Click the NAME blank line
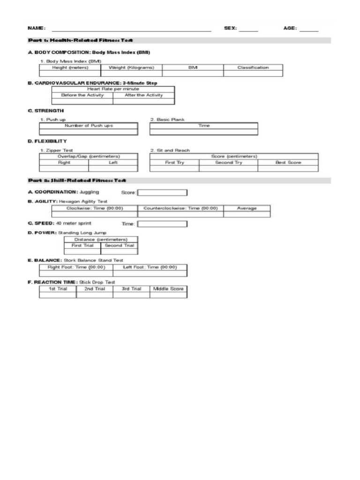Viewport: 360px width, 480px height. coord(131,30)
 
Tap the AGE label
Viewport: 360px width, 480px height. coord(290,28)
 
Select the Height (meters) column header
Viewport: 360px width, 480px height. coord(70,67)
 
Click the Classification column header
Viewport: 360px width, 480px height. coord(253,67)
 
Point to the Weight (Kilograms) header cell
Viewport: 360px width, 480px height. coord(131,67)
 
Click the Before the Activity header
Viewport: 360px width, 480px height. coord(82,95)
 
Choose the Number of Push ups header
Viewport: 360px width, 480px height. coord(89,126)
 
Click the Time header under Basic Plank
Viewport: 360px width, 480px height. coord(204,126)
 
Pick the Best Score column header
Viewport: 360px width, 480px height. coord(288,163)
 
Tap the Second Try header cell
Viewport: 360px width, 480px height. coord(229,163)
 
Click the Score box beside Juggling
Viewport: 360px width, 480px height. coord(162,192)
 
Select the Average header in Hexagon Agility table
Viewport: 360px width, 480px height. coord(247,208)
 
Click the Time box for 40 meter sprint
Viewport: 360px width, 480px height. coord(162,224)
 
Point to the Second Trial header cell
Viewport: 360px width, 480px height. coord(119,246)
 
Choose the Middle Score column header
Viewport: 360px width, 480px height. coord(168,289)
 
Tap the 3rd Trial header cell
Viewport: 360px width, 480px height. coord(131,289)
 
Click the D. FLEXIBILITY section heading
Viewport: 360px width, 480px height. coord(47,141)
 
